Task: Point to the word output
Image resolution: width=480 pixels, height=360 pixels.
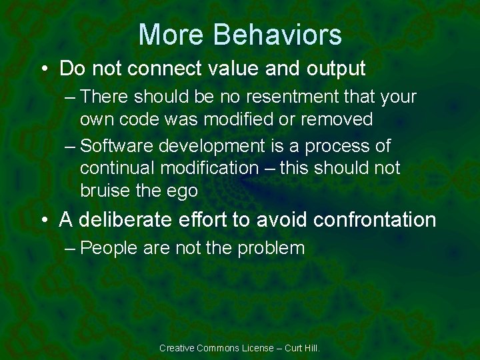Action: pos(333,69)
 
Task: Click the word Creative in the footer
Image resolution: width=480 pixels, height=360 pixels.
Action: pos(177,348)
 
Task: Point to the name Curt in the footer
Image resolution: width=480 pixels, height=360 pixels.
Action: pos(294,348)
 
